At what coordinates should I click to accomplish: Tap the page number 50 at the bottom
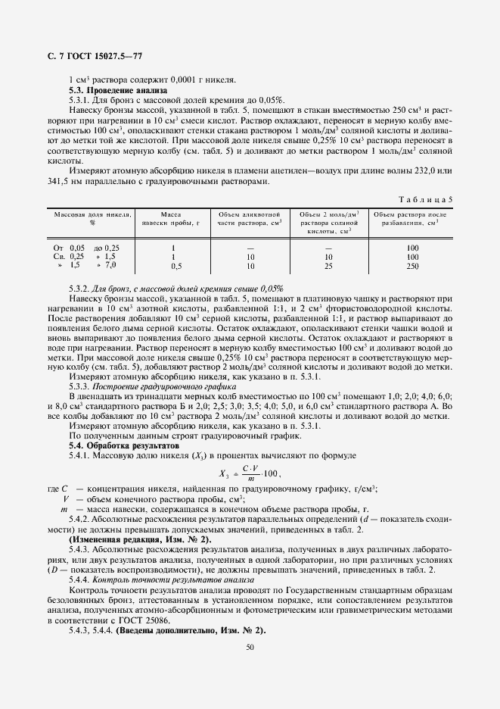pos(250,646)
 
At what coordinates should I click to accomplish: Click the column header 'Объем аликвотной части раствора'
pos(250,219)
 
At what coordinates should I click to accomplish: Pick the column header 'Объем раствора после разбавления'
pos(412,219)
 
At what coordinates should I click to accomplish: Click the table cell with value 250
pos(411,266)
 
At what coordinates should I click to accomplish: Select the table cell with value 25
pos(328,266)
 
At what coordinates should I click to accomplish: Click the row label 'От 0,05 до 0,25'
pos(85,248)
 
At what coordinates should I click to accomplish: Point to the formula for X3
pos(249,474)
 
